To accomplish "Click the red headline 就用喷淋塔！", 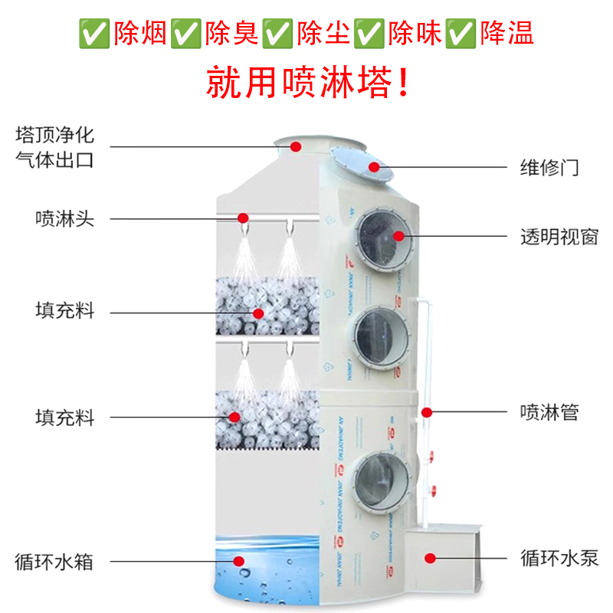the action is click(x=307, y=82).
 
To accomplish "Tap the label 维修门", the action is click(x=549, y=168).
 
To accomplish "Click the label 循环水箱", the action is click(x=54, y=561).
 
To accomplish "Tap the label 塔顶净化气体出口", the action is click(x=54, y=149).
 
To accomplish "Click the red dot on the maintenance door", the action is click(x=374, y=166).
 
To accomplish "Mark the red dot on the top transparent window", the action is click(x=398, y=235).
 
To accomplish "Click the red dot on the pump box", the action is click(x=431, y=558).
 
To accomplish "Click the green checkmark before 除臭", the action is click(x=184, y=33).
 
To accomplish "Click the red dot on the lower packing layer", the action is click(x=234, y=415).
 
